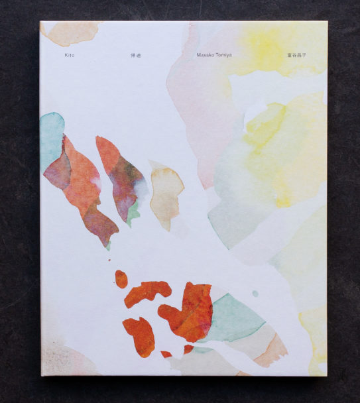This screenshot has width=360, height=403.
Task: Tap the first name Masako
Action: (206, 55)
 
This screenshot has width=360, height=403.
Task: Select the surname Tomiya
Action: (225, 55)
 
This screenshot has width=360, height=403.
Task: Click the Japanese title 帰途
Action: (136, 55)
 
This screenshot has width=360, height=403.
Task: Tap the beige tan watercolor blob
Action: (166, 192)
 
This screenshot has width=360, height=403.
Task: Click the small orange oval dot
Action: (121, 278)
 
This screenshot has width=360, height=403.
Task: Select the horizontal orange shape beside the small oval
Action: (147, 292)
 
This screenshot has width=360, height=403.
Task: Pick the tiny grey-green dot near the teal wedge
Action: (255, 293)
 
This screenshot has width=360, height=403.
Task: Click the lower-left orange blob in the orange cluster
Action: (139, 335)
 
